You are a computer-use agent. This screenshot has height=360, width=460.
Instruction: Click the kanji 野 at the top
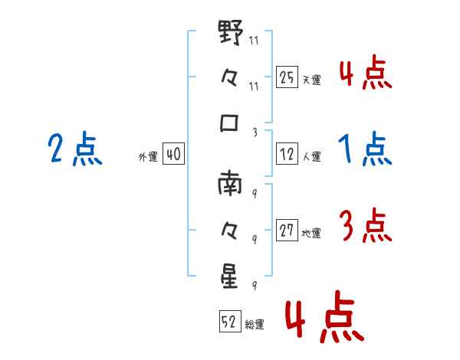tap(230, 34)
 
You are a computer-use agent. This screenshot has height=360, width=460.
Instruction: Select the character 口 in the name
tap(230, 123)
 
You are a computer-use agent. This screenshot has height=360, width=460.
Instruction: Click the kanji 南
tap(230, 184)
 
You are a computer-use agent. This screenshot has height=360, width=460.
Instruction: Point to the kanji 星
tap(230, 274)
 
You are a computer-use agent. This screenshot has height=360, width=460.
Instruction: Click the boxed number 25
tap(287, 77)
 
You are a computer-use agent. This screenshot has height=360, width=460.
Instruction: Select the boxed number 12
tap(287, 154)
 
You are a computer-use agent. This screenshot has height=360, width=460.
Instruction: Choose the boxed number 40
tap(172, 154)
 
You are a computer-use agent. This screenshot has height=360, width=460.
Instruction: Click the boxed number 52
tap(229, 322)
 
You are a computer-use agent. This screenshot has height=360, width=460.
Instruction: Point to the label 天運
tap(311, 79)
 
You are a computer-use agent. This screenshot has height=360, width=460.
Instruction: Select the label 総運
tap(254, 324)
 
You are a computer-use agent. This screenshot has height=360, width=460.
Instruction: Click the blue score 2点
tap(75, 149)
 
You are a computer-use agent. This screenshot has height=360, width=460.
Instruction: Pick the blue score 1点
tap(365, 149)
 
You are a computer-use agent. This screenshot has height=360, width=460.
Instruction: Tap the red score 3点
tap(365, 227)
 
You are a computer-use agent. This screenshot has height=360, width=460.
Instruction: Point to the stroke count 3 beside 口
tap(254, 132)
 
